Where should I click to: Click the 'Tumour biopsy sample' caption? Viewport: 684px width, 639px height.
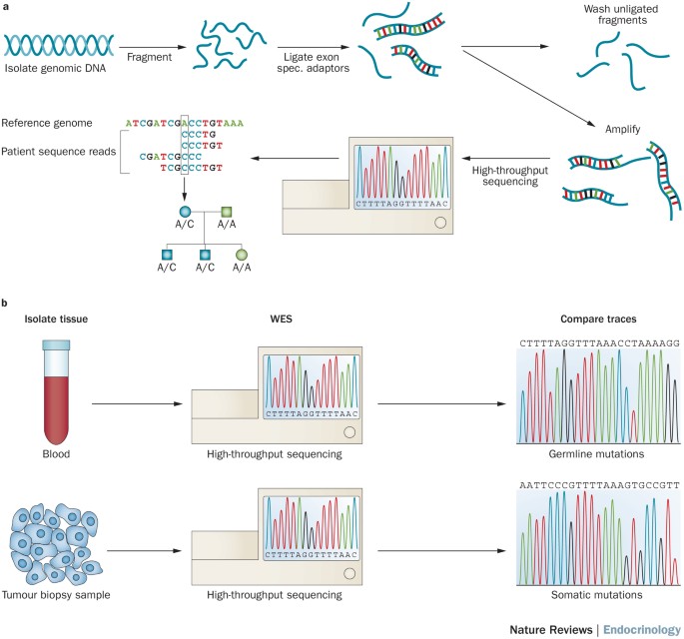[57, 593]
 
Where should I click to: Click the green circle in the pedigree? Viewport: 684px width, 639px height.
[240, 255]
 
